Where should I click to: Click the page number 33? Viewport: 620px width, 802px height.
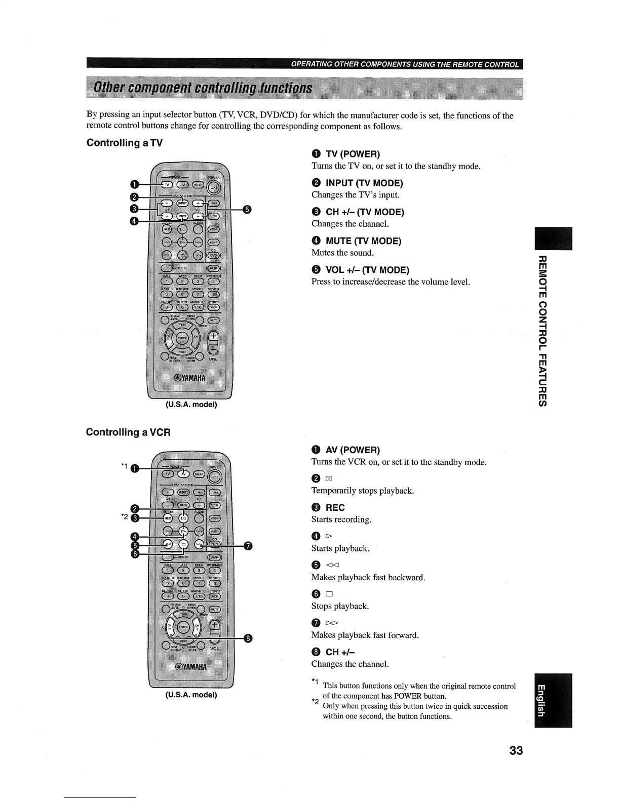point(516,750)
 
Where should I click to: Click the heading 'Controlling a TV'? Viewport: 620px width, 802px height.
point(125,143)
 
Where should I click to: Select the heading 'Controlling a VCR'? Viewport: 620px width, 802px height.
point(128,432)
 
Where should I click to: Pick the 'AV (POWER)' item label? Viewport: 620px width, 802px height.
point(353,450)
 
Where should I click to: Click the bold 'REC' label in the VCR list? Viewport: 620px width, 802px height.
point(335,507)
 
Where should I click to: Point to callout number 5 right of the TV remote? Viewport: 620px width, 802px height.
point(247,210)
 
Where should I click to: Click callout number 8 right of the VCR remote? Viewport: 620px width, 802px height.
point(248,638)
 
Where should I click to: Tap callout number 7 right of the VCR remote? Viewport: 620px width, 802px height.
point(248,545)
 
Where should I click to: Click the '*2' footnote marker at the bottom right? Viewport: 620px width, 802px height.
point(315,702)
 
